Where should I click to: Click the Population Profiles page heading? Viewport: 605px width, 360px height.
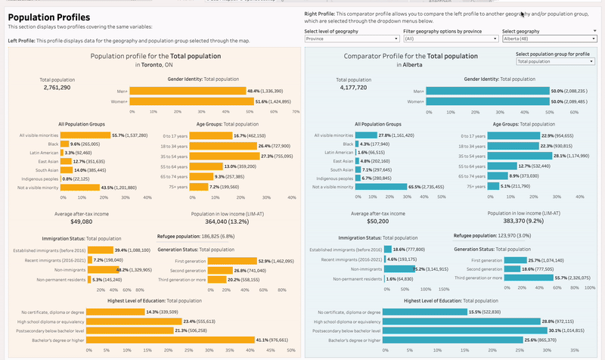tap(48, 17)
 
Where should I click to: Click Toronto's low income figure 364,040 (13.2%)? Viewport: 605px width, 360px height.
tap(227, 222)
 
